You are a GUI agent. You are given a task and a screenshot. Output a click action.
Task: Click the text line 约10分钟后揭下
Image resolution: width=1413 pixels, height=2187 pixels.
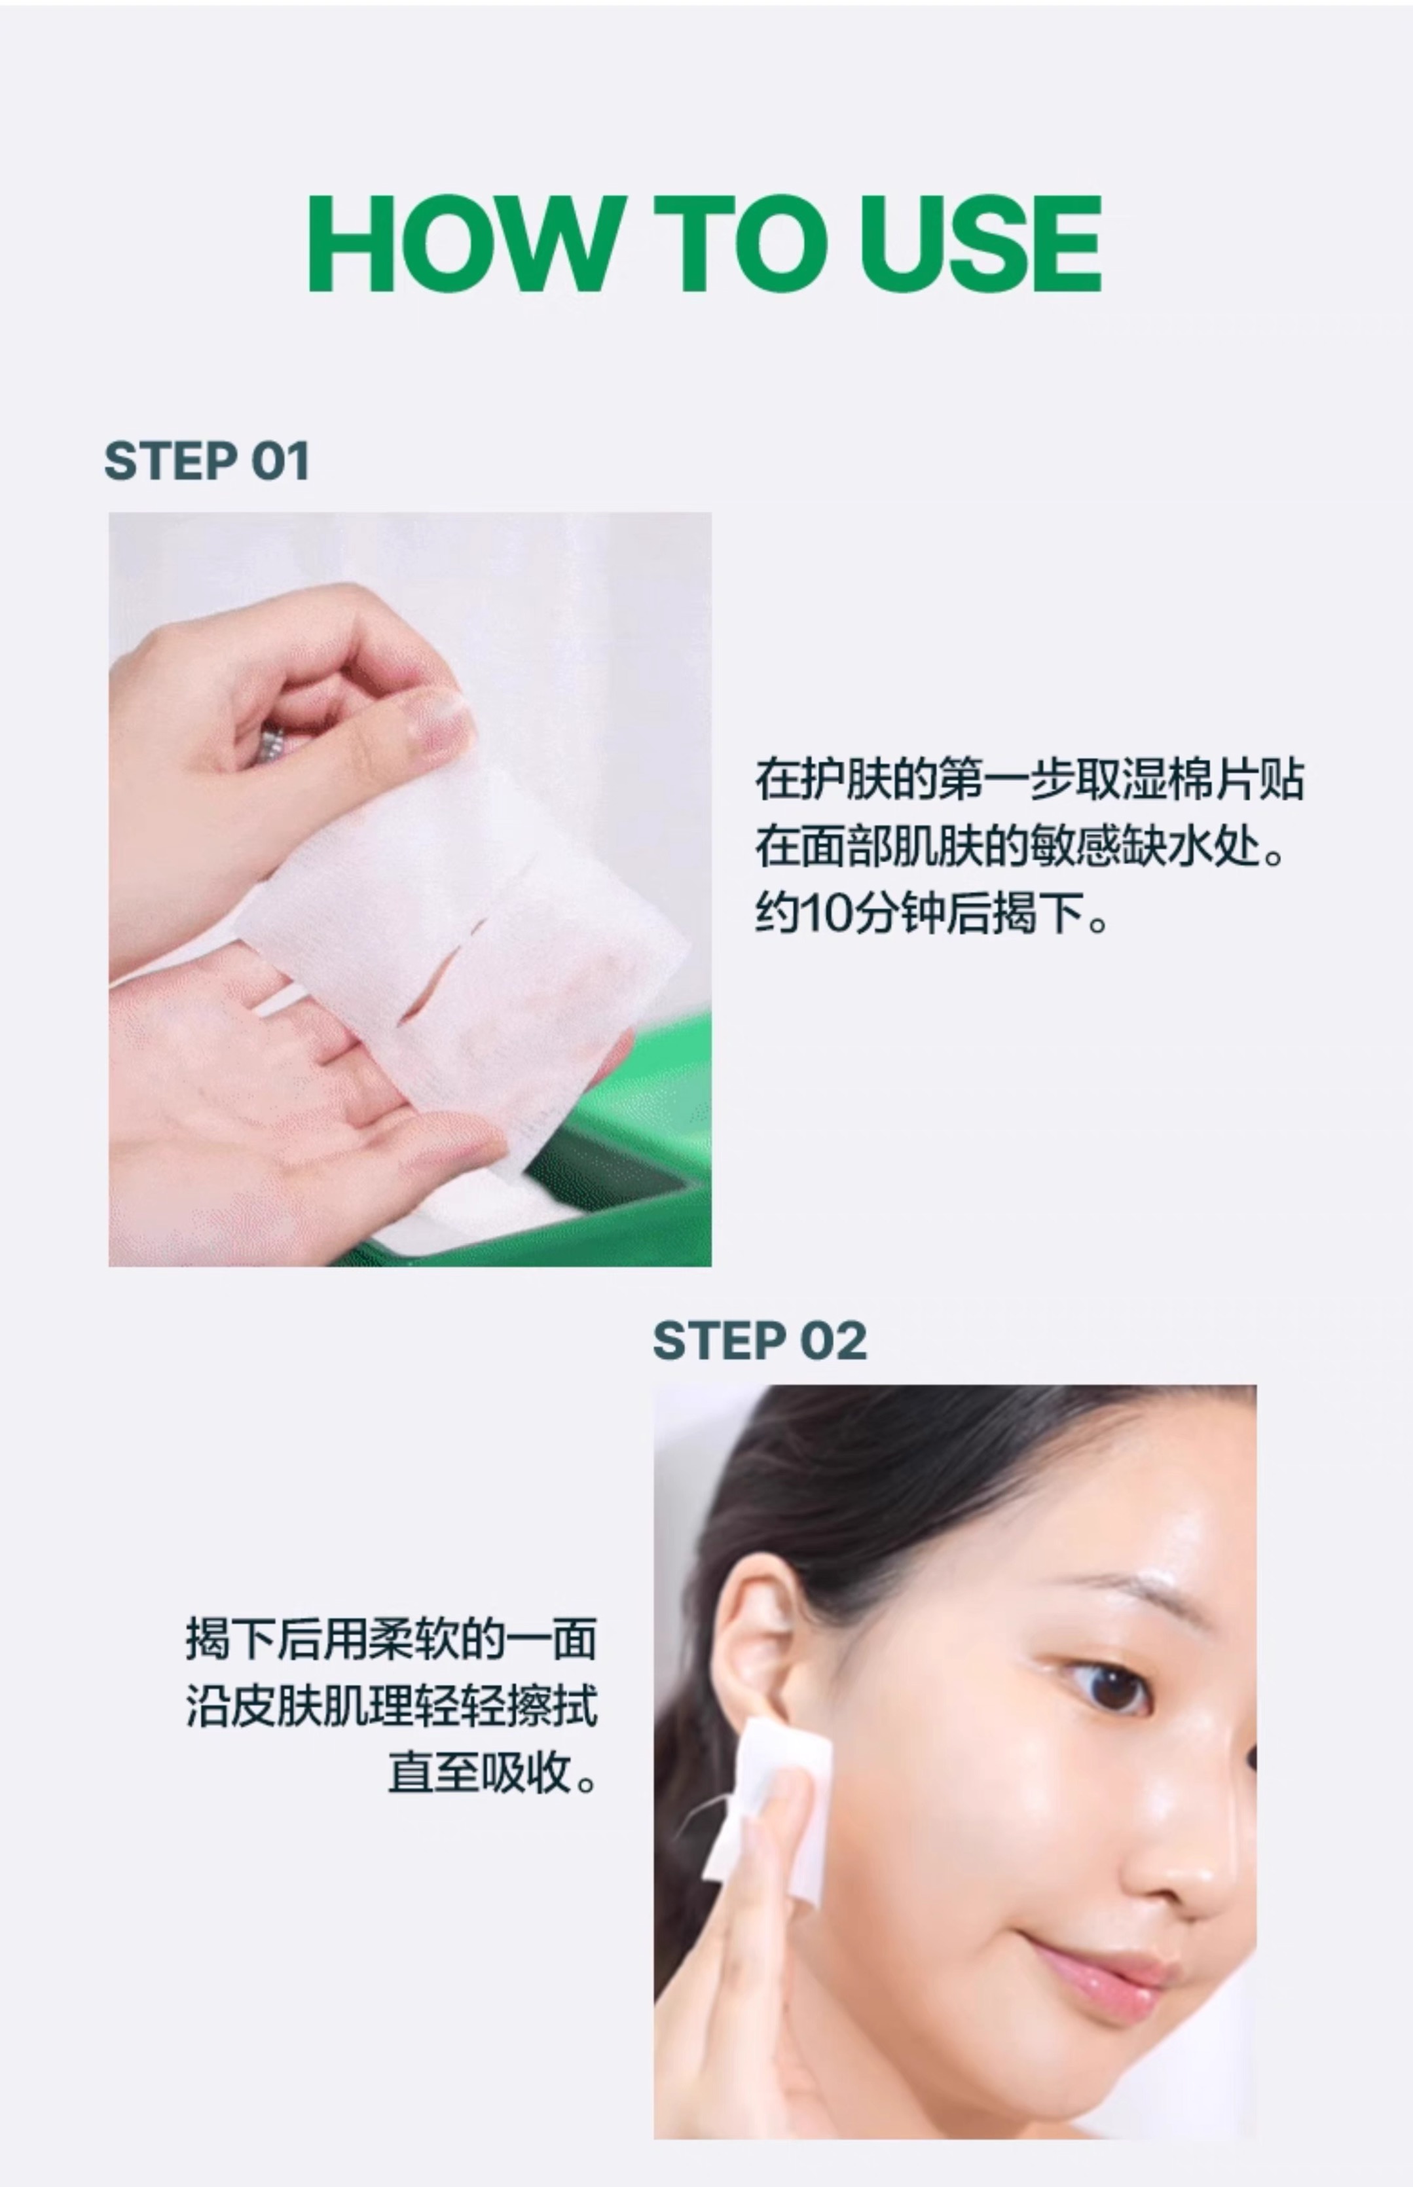click(931, 914)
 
